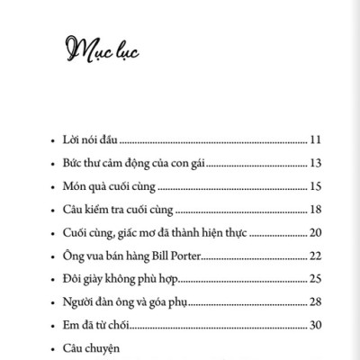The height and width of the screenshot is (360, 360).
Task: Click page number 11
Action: coord(315,140)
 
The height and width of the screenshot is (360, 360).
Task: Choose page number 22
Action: coord(315,256)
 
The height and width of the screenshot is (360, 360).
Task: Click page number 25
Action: coord(315,279)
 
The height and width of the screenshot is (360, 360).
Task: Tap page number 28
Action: coord(315,301)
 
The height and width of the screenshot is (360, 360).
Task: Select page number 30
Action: coord(315,325)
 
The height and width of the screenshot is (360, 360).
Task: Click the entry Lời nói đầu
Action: coord(85,140)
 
